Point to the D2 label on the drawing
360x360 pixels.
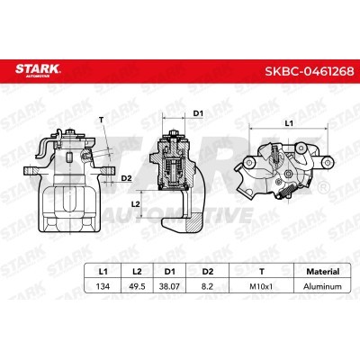[x=127, y=179]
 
